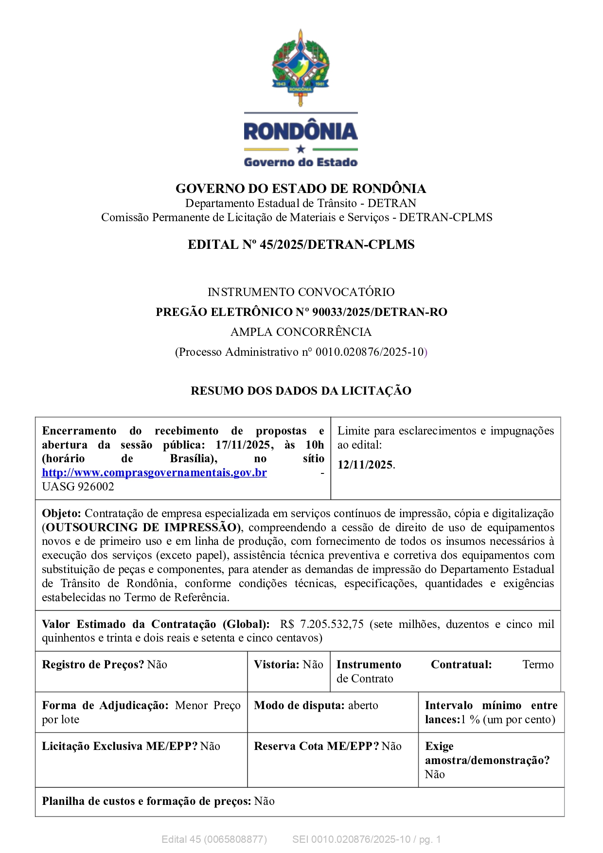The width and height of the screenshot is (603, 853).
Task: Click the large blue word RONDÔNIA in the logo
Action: coord(301,131)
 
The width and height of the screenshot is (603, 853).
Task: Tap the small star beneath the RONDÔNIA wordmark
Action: coord(301,149)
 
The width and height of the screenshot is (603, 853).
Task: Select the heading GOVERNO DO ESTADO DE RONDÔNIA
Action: coord(301,189)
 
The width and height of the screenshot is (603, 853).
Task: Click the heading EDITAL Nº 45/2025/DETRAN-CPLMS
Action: coord(301,244)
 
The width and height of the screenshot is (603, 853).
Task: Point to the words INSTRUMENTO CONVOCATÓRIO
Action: coord(301,292)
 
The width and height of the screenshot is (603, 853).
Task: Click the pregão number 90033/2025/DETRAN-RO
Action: coord(379,312)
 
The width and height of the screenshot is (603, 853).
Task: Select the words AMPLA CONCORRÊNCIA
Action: coord(301,332)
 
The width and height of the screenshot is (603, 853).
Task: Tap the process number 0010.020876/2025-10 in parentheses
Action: coord(370,352)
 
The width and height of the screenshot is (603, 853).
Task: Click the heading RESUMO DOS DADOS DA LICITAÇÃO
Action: coord(301,391)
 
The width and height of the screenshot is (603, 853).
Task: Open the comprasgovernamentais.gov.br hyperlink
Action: coord(154,472)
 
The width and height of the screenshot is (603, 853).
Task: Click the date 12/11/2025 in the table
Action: coord(365,465)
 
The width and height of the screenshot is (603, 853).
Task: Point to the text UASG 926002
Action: coord(78,487)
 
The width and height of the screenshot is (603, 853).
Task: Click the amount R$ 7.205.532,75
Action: coord(322,624)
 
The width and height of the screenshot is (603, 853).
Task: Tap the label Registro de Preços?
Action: coord(93,664)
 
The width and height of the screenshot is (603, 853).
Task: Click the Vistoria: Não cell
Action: coord(288,664)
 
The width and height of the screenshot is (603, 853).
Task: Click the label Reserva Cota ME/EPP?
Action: coord(316,746)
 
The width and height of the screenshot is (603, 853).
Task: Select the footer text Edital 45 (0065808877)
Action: coord(214,839)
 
